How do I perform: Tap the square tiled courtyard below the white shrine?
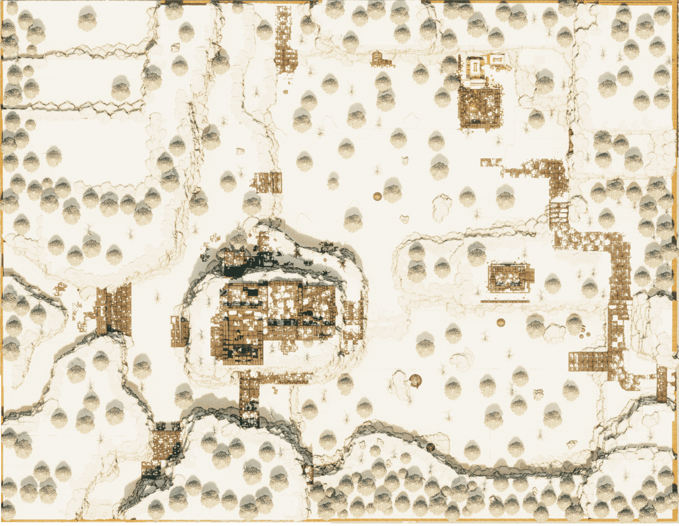click(479, 106)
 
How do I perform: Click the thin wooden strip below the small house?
click(505, 301)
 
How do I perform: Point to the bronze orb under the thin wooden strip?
click(500, 322)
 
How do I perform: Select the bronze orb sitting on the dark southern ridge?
click(431, 447)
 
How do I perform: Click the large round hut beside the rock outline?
click(416, 380)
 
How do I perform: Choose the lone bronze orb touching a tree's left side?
click(377, 196)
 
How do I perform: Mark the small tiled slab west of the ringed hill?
click(180, 331)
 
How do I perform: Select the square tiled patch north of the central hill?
click(268, 182)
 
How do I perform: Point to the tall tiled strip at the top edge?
click(286, 40)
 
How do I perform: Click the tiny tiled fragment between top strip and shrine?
click(381, 59)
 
